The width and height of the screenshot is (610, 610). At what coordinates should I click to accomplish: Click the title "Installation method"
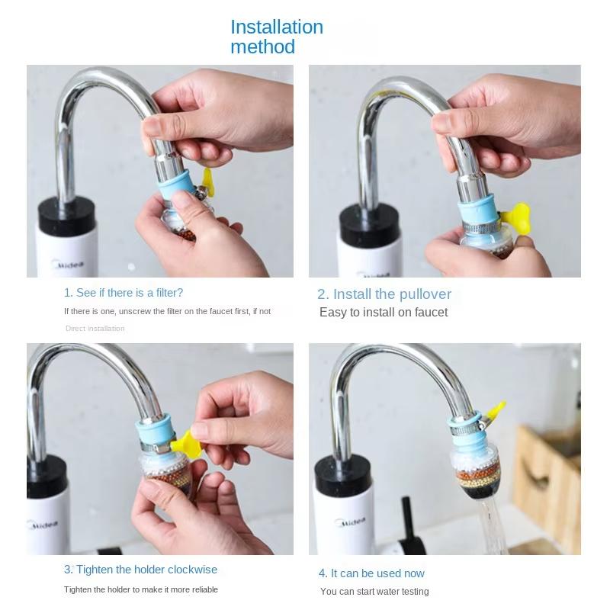pos(277,37)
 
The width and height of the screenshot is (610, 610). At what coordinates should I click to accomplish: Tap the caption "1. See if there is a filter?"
pos(124,293)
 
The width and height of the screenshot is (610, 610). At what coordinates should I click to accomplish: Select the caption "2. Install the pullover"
pos(384,294)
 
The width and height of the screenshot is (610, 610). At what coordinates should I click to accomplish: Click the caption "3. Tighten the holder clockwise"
pos(140,570)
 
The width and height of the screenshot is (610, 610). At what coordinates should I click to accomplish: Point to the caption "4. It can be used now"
pos(371,573)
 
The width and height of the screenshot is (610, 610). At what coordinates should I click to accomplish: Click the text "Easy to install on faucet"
pos(384,313)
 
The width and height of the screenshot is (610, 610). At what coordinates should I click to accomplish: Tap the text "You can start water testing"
pos(374,592)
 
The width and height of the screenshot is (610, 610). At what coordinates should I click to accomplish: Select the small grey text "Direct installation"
pos(95,329)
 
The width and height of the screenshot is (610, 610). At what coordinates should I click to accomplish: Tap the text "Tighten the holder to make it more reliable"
pos(141,589)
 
